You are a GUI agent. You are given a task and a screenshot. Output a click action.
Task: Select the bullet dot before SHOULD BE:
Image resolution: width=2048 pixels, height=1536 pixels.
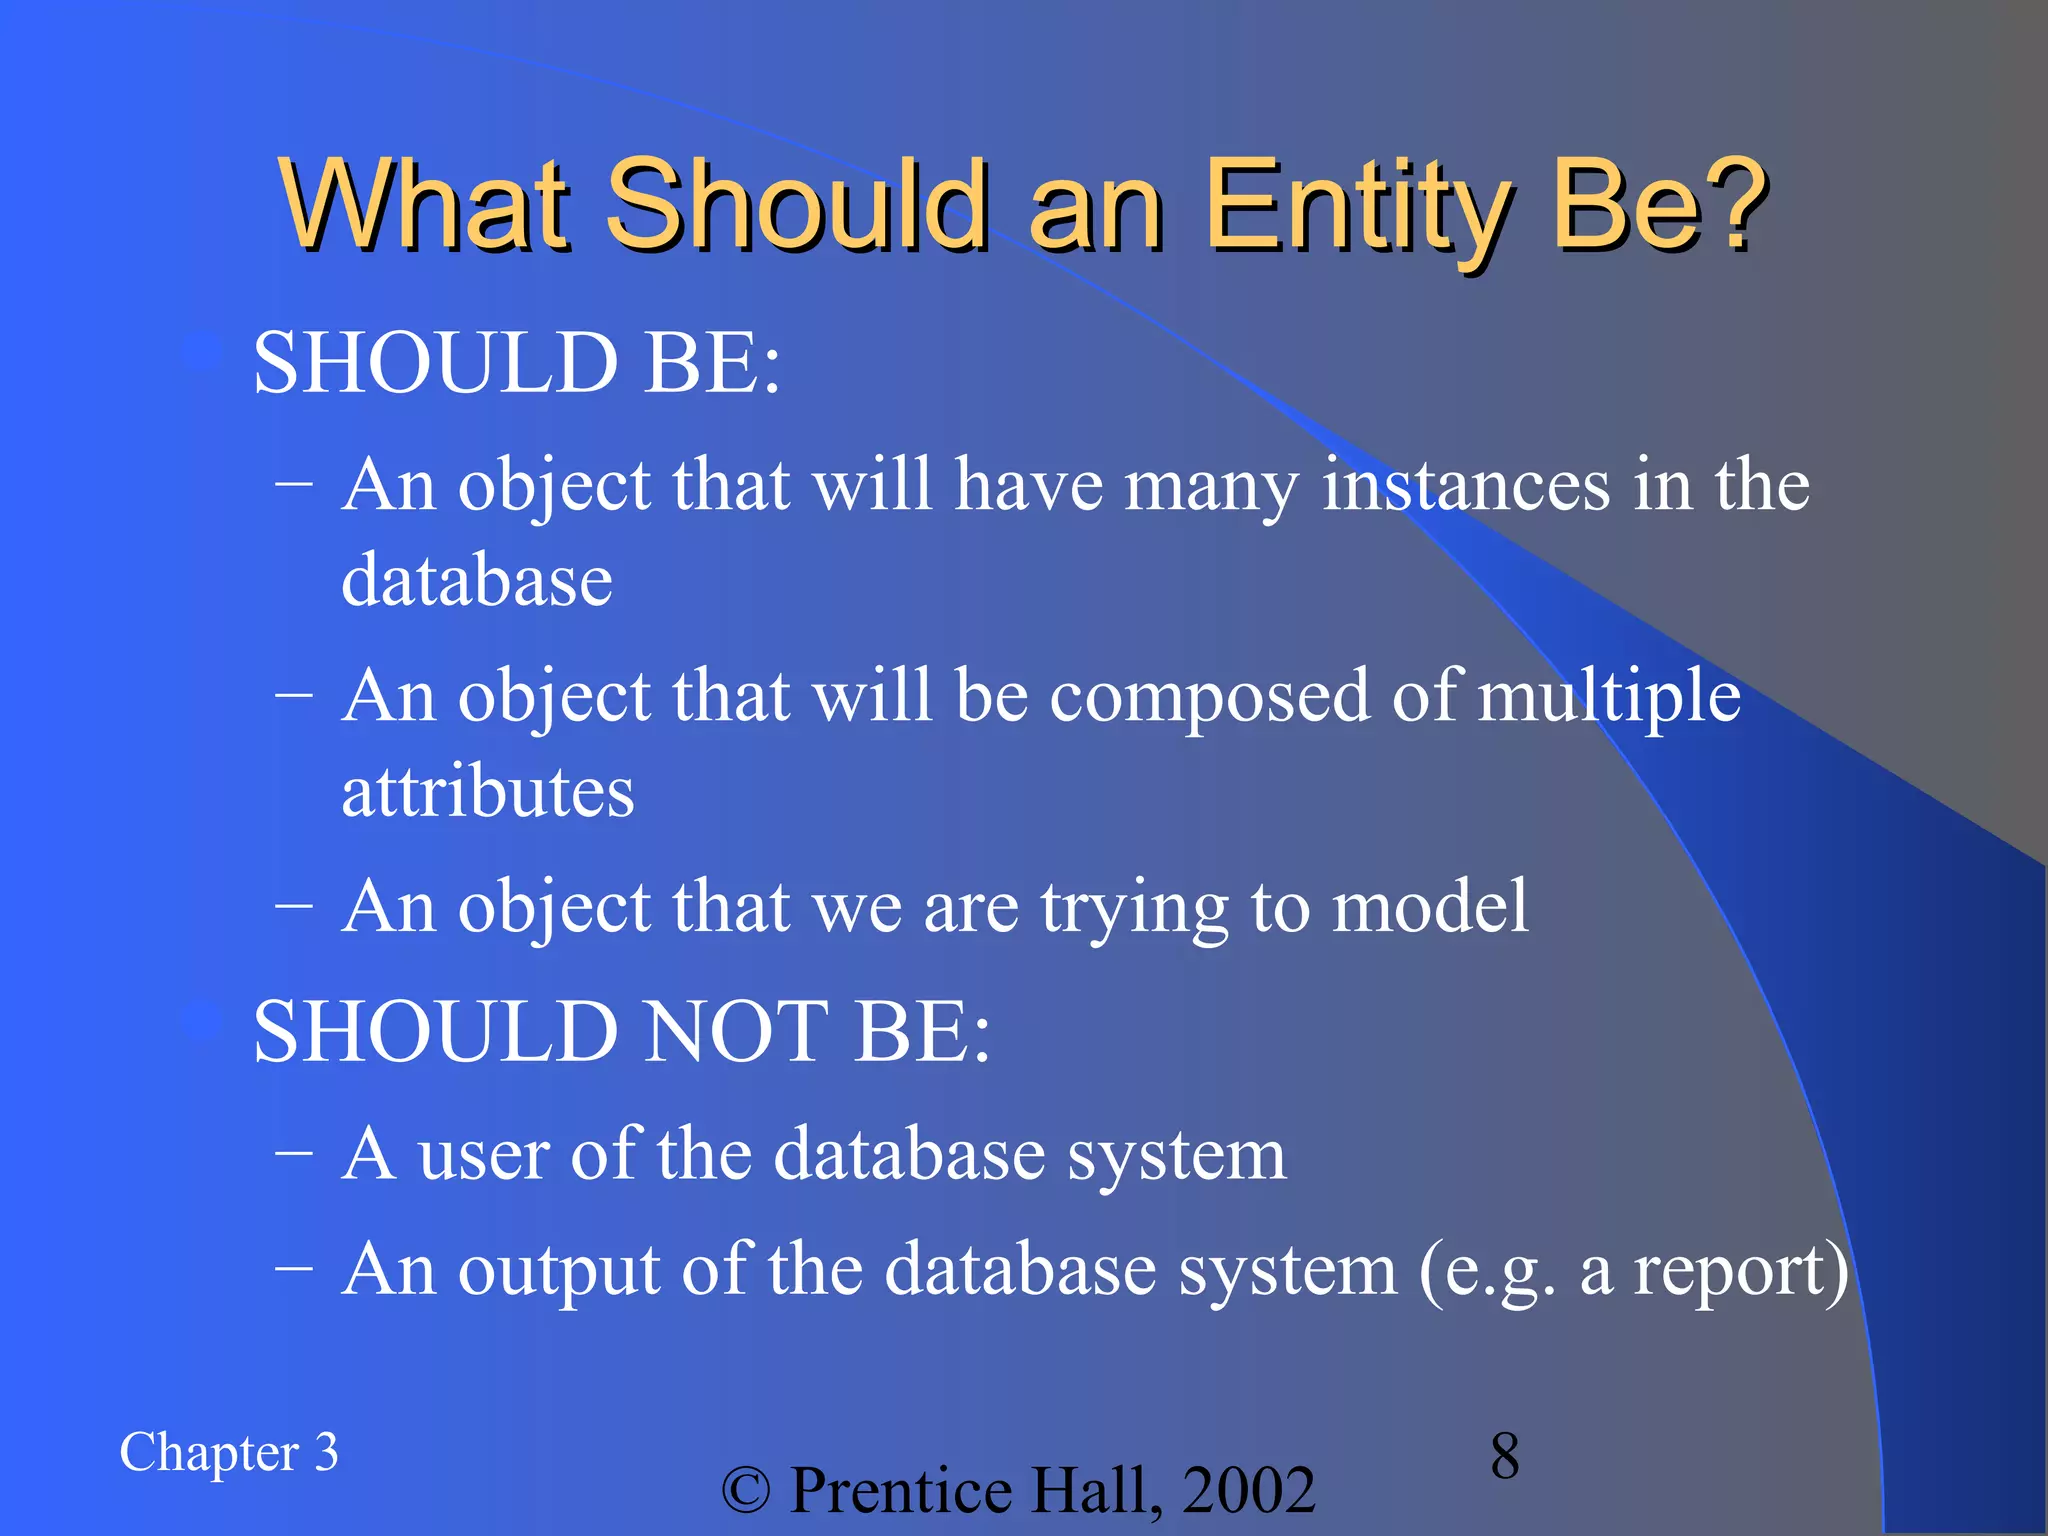(x=205, y=353)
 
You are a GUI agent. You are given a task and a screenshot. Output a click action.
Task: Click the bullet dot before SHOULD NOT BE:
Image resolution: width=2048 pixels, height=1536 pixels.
(x=205, y=1022)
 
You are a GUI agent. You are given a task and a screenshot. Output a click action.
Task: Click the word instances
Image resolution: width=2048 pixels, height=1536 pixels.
(x=1465, y=485)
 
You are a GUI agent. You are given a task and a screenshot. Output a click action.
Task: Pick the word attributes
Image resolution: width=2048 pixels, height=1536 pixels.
(x=487, y=792)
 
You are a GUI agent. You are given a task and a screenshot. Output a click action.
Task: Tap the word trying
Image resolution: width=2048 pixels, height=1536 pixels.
(x=1134, y=908)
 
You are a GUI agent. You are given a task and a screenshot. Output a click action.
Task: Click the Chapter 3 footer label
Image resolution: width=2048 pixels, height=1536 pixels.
(x=229, y=1453)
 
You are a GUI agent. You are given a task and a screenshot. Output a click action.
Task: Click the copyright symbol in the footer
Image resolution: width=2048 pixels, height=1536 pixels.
(x=746, y=1491)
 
